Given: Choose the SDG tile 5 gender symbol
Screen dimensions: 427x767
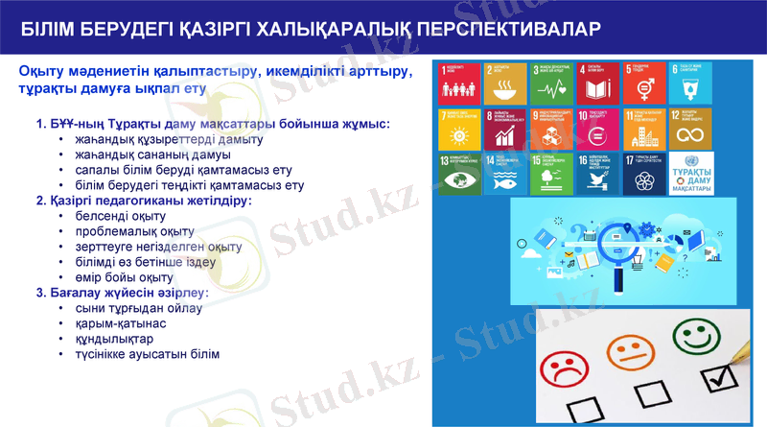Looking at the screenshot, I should [x=645, y=84].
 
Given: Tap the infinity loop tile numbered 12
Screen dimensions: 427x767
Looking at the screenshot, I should [x=691, y=130].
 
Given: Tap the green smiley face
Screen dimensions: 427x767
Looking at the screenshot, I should [x=693, y=333].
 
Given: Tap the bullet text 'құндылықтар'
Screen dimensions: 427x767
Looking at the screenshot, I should [x=114, y=339].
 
